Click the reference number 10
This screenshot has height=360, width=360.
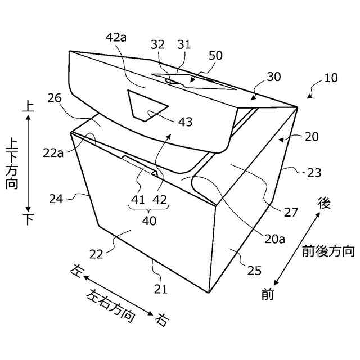(331, 77)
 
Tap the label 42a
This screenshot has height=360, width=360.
(116, 38)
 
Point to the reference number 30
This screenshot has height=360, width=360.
(274, 77)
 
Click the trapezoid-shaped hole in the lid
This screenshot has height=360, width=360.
(147, 105)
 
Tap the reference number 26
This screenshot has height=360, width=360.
(55, 98)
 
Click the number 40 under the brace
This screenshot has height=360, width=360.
(149, 221)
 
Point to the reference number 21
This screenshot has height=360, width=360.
(161, 289)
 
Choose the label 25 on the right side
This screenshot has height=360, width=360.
(254, 271)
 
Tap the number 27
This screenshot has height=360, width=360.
(291, 212)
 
